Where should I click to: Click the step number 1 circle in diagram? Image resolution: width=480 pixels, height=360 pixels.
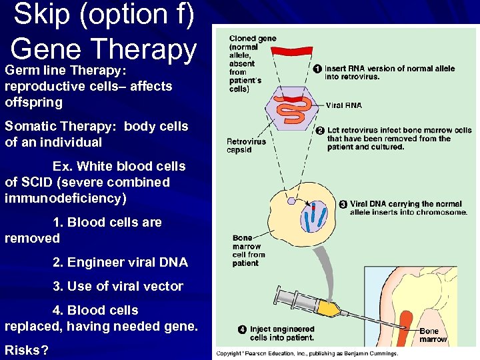pos(317,68)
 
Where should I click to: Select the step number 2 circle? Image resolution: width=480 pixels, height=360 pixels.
pos(319,130)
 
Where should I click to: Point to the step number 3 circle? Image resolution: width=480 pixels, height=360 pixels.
pos(343,204)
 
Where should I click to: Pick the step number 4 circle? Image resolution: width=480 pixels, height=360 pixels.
pos(243,329)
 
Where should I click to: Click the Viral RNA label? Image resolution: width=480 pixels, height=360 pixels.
pos(344,105)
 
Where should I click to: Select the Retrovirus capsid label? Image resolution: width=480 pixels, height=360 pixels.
pos(246,145)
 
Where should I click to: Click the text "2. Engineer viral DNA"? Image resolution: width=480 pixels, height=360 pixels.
pos(120,262)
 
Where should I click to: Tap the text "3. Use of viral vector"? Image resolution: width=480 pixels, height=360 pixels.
pos(117,286)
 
